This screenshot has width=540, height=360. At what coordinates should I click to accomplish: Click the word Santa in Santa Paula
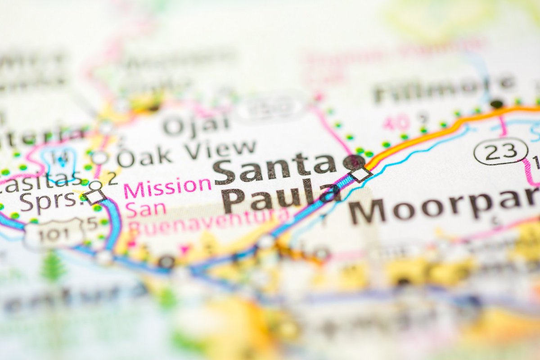[x=274, y=168]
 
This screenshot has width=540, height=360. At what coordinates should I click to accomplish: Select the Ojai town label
[x=196, y=125]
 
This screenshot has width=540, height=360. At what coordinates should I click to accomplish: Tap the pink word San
[x=145, y=208]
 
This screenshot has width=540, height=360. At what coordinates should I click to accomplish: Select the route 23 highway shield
[x=501, y=151]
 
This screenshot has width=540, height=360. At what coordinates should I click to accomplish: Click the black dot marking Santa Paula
[x=354, y=161]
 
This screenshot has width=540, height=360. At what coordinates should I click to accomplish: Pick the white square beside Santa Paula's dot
[x=361, y=174]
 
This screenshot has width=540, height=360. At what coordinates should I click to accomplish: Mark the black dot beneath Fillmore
[x=497, y=104]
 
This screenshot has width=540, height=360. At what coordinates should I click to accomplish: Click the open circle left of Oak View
[x=99, y=157]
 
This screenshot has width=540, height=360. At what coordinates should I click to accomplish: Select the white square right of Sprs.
[x=95, y=196]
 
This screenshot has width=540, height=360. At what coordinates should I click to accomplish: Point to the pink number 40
[x=396, y=122]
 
